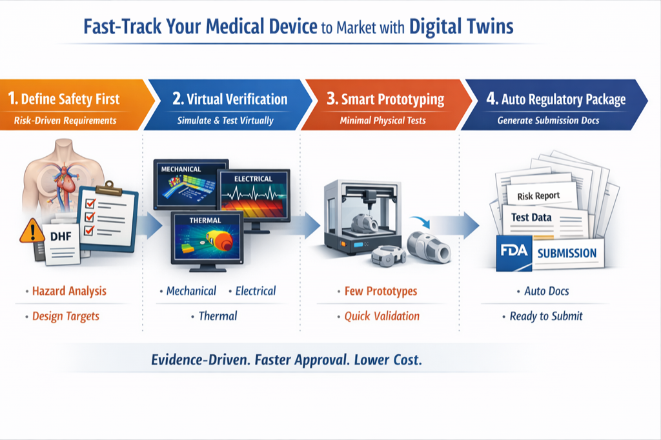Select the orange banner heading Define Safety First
pos(70,99)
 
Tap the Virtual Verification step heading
pos(230,99)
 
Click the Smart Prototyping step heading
pos(385,99)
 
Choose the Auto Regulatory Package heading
pos(556,99)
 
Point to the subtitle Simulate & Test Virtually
pos(225,120)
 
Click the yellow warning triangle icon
pos(32,232)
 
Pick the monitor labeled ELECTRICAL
pos(254,194)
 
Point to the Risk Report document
pos(538,195)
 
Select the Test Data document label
pos(531,217)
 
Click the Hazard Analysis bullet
pos(69,291)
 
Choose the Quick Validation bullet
pos(381,316)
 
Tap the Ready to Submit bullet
pos(546,316)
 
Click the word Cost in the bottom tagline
pos(406,360)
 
